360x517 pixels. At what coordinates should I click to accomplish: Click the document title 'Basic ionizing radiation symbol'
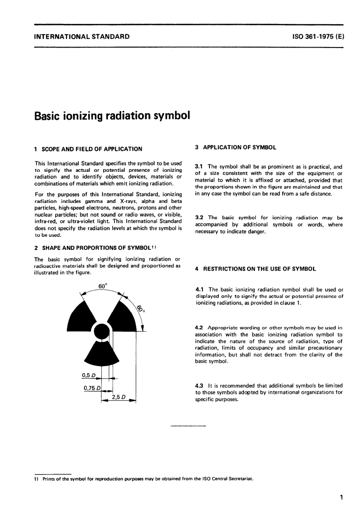coord(112,116)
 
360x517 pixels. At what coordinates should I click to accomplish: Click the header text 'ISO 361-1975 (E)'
coord(318,37)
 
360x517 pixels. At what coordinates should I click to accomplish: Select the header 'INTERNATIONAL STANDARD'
coord(82,37)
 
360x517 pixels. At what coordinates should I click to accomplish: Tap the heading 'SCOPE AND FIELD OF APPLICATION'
coord(92,149)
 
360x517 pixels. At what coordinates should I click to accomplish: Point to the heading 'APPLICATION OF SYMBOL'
coord(239,148)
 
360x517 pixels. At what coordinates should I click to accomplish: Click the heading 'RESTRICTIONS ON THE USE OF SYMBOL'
coord(260,269)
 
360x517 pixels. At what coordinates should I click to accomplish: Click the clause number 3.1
coord(199,167)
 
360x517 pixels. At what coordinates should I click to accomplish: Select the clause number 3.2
coord(199,218)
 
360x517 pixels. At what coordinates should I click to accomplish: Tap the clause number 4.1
coord(200,290)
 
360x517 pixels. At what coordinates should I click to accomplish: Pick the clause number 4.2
coord(200,328)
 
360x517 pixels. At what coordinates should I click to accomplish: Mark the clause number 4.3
coord(200,385)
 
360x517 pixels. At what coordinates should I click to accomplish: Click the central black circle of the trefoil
coord(101,331)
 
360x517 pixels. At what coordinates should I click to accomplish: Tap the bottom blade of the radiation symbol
coord(101,354)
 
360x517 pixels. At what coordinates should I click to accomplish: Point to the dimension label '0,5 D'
coord(89,376)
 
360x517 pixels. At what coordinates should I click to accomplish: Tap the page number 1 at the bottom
coord(341,497)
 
